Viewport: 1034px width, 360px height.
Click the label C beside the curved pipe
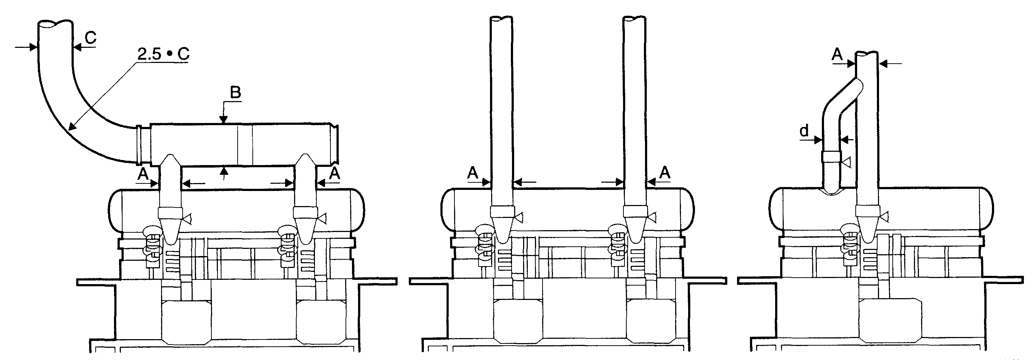click(x=91, y=37)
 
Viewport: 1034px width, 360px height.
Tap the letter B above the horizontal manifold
click(x=235, y=92)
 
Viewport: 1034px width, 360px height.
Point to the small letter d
click(x=804, y=131)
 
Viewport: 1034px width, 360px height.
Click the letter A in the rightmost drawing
click(x=837, y=54)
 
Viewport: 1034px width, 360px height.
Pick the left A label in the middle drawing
click(x=473, y=173)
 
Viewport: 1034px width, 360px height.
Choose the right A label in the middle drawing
click(x=665, y=173)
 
